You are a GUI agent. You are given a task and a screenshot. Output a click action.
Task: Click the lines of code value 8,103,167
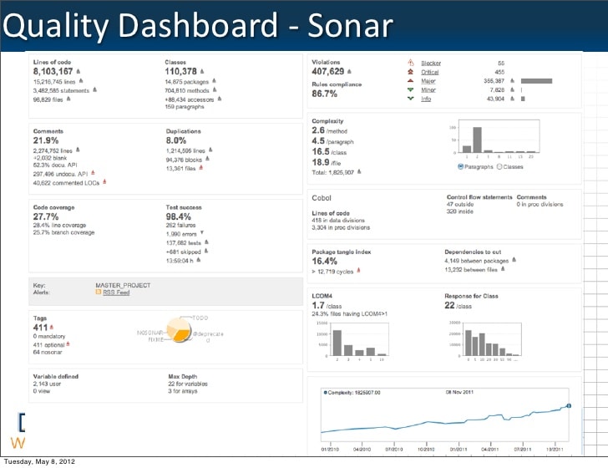tap(53, 72)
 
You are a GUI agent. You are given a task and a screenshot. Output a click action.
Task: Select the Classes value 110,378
tap(180, 72)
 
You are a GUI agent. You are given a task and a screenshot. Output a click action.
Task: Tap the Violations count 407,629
tap(327, 72)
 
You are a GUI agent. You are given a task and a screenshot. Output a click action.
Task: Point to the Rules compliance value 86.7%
tap(324, 94)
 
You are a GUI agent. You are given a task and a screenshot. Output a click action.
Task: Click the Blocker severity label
tap(431, 63)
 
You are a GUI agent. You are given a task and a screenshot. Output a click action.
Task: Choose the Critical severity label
tap(430, 72)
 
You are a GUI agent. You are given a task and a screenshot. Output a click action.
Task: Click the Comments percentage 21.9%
tap(45, 140)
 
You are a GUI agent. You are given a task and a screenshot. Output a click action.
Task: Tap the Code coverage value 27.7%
tap(45, 216)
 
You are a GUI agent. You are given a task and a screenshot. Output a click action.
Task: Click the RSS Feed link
tap(116, 292)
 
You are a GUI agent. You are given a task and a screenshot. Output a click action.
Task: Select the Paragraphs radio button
tap(460, 166)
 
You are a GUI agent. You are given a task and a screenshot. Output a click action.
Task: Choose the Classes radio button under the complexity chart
tap(499, 166)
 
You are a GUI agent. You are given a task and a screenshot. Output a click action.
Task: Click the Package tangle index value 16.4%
tap(325, 262)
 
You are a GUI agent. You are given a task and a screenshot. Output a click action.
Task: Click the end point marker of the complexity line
tap(569, 407)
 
